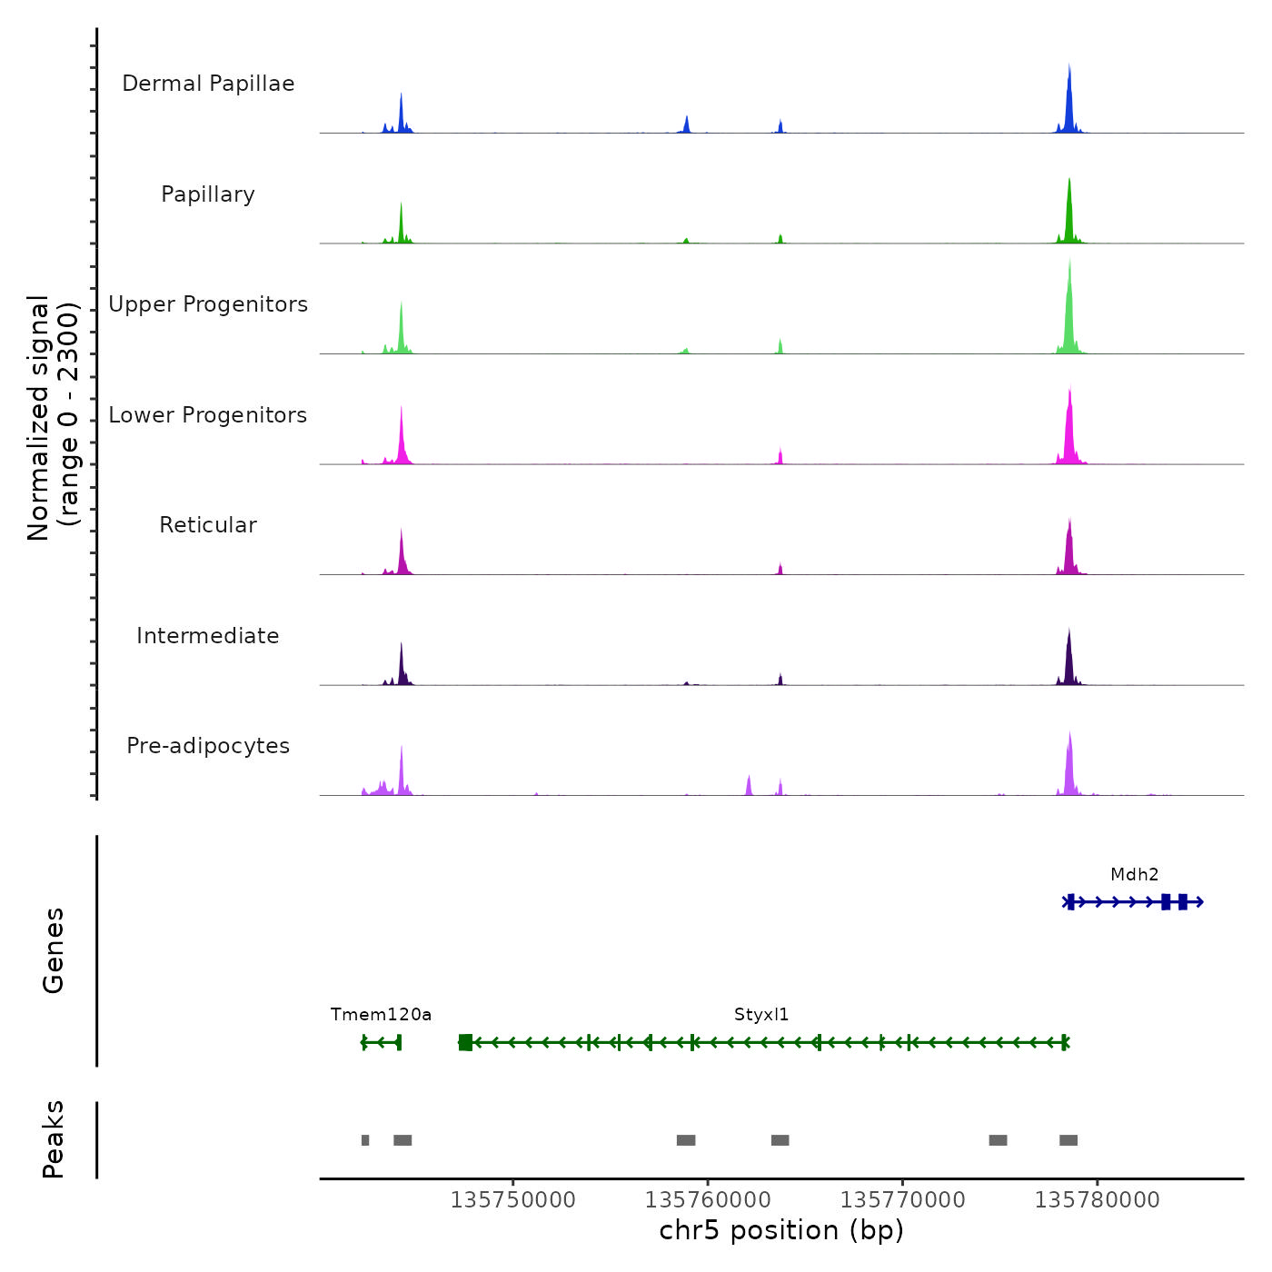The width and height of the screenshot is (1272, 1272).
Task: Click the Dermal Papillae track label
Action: (208, 84)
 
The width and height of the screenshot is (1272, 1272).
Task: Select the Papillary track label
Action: (208, 194)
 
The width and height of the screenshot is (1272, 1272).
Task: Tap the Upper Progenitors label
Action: (208, 304)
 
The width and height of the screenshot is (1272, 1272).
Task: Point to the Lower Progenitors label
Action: (208, 415)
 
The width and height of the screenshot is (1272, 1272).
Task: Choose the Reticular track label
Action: (208, 525)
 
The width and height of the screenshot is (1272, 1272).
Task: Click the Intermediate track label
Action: (208, 636)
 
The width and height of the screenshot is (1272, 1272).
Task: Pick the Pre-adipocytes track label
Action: (208, 746)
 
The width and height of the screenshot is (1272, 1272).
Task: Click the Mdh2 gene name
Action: (1134, 875)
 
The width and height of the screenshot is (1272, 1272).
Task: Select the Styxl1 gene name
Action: (761, 1015)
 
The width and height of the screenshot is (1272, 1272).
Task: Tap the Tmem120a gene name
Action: (381, 1015)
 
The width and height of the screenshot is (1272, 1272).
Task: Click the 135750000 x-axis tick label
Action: (513, 1200)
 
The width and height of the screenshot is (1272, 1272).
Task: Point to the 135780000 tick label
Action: (1097, 1200)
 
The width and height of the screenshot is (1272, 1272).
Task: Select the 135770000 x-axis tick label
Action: (902, 1200)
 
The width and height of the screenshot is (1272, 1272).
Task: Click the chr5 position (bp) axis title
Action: (781, 1230)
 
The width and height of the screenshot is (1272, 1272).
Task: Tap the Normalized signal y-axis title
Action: (53, 418)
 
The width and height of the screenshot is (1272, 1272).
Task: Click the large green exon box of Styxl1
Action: (465, 1042)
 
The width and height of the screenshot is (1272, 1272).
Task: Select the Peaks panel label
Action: (53, 1139)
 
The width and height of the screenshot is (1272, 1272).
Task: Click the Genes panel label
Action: (53, 950)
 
